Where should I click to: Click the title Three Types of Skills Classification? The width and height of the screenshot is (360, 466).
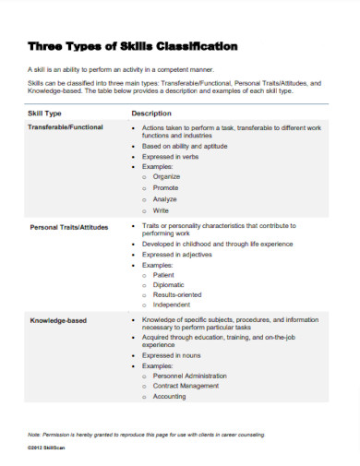coord(133,45)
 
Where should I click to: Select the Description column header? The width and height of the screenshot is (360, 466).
coord(152,113)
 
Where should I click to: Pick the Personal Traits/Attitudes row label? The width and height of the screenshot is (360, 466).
coord(69,226)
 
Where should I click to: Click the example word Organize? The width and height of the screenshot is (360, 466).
coord(168,175)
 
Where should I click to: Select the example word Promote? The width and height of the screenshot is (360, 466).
coord(167,187)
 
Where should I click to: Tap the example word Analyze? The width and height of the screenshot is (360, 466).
coord(166,199)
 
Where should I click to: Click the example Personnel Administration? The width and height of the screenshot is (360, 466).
coord(191,376)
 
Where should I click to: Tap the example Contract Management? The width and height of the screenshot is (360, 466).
coord(187,387)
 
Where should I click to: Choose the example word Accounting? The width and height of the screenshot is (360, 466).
coord(170,397)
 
